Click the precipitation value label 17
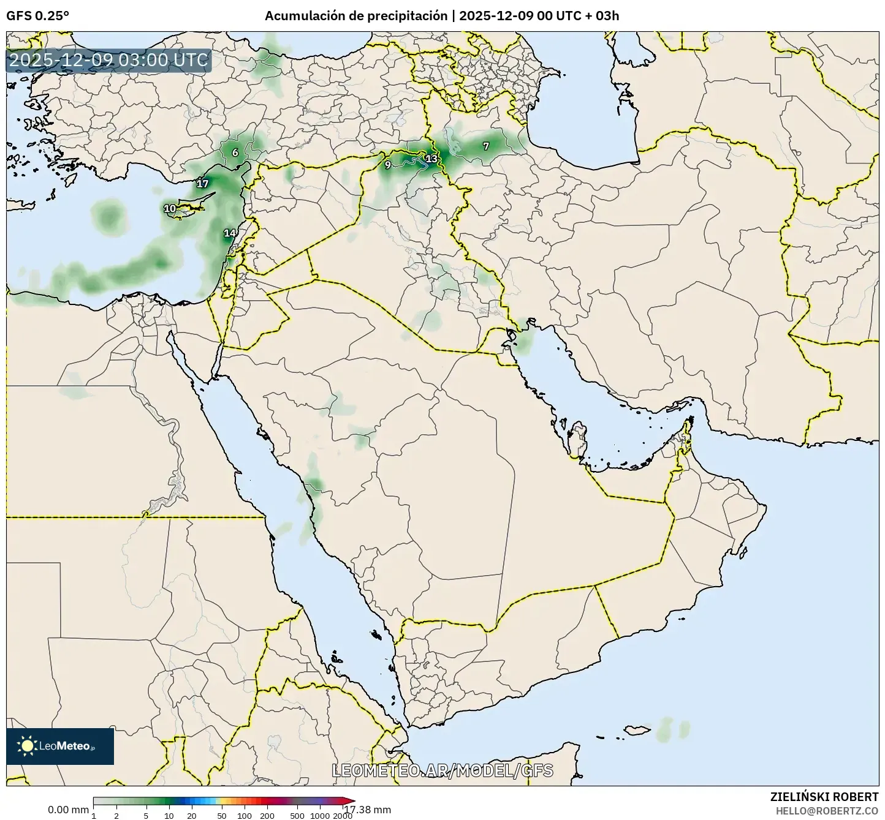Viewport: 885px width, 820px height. (x=203, y=184)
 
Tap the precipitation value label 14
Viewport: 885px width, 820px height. (x=230, y=233)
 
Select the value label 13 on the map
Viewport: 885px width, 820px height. (x=431, y=159)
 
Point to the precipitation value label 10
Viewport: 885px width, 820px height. (x=170, y=209)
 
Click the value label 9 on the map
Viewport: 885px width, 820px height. (x=387, y=165)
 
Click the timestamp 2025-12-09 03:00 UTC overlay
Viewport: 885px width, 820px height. (x=108, y=61)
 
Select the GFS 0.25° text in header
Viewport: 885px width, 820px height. (x=37, y=16)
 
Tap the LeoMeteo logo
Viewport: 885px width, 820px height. (x=60, y=746)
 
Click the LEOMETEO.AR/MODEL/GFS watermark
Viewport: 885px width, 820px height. (x=442, y=770)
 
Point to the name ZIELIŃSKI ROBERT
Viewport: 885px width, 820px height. (x=824, y=797)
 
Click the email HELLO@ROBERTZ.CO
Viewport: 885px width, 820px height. (x=827, y=810)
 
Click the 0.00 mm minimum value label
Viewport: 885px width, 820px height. (x=68, y=810)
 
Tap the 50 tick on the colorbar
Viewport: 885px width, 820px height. (x=222, y=816)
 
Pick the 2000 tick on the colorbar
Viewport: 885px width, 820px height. (x=343, y=816)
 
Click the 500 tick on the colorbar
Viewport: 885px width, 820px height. (x=297, y=816)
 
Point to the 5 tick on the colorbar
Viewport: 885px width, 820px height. (x=146, y=816)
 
